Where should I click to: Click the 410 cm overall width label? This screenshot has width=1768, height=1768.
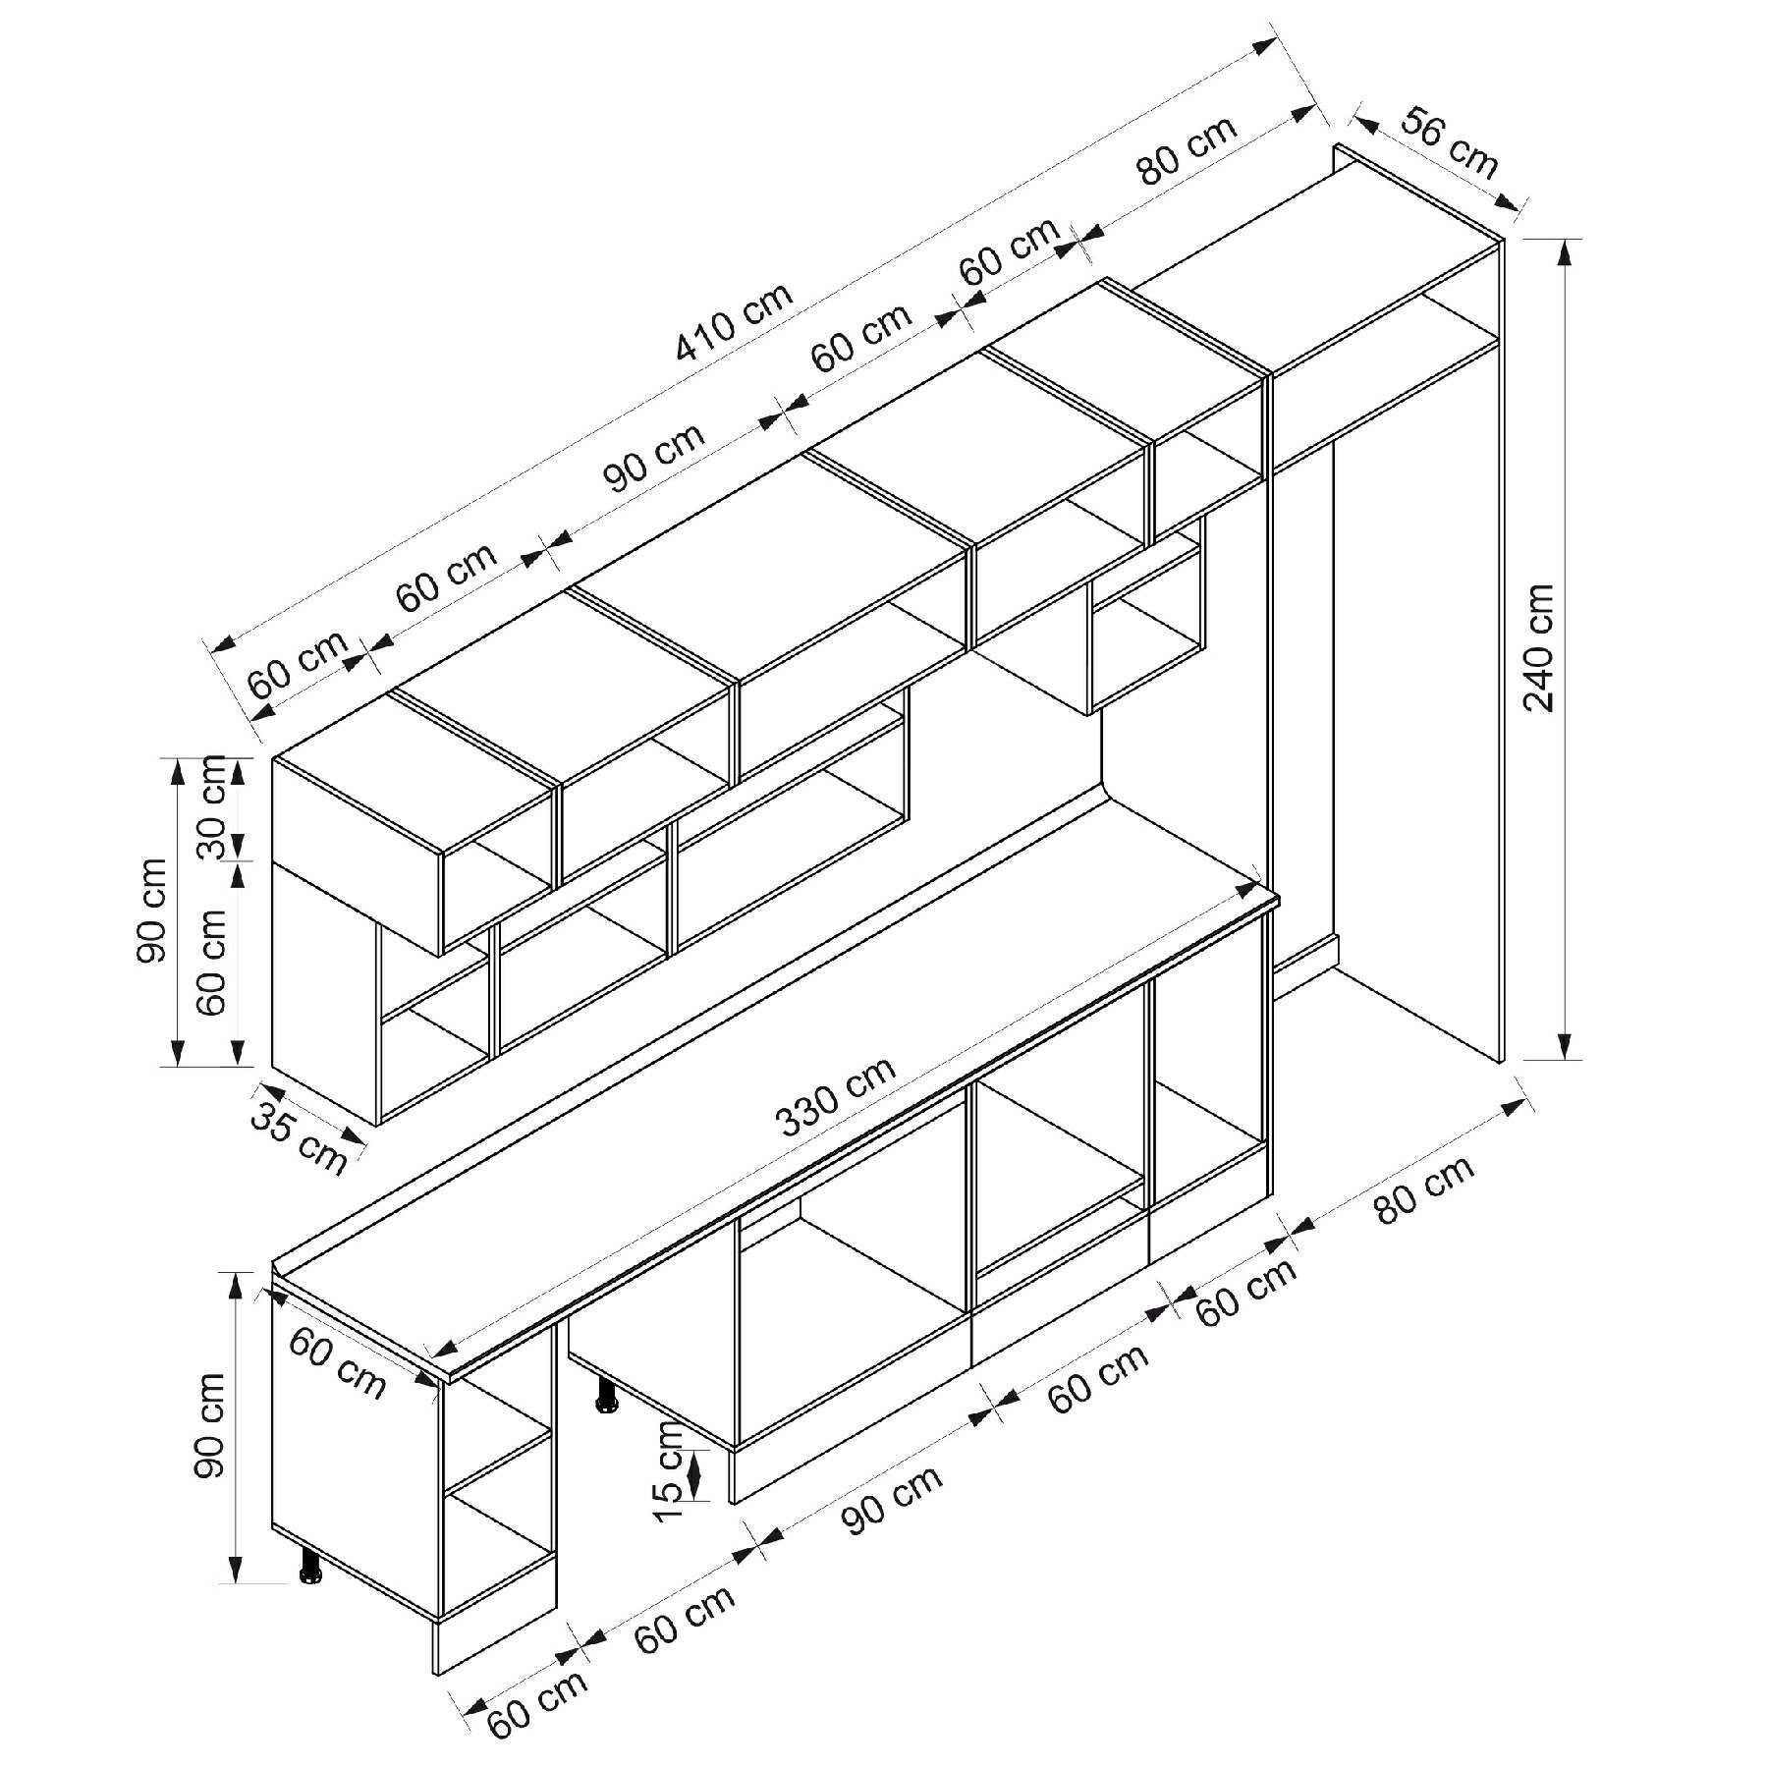pyautogui.click(x=735, y=323)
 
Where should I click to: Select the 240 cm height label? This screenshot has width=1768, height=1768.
pyautogui.click(x=1537, y=647)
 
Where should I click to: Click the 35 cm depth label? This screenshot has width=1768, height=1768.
pyautogui.click(x=299, y=1137)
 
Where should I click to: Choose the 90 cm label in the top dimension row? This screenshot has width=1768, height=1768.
pyautogui.click(x=653, y=457)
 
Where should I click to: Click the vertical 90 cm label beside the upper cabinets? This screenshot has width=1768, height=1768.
pyautogui.click(x=153, y=910)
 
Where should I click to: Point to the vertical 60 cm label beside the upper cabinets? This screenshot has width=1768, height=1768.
pyautogui.click(x=211, y=962)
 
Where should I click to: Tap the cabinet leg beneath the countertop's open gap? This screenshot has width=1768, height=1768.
pyautogui.click(x=606, y=1395)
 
